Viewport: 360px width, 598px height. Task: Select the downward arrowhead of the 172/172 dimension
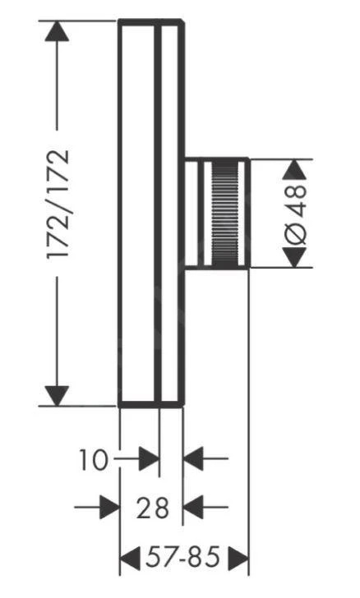coord(56,393)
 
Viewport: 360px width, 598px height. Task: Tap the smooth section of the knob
coord(197,212)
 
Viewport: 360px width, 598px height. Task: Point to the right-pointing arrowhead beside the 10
coord(148,460)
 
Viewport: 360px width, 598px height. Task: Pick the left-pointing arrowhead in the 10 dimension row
coord(193,460)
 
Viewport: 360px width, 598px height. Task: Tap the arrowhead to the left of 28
coord(110,508)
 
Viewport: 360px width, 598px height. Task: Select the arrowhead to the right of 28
coord(193,508)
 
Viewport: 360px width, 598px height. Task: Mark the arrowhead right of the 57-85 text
coord(238,560)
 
